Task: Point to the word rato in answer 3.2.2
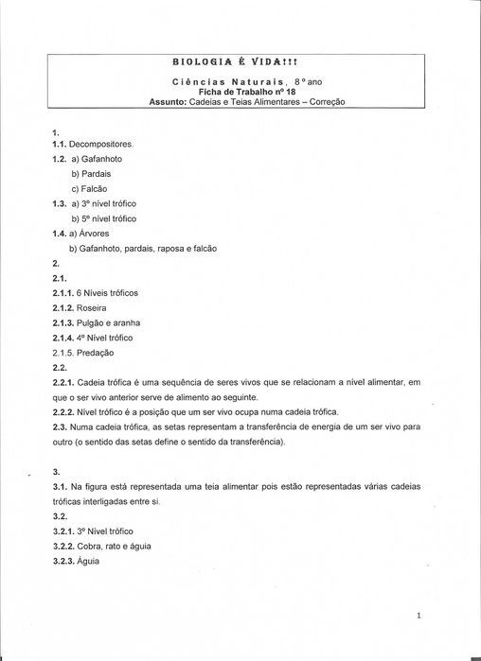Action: tap(115, 546)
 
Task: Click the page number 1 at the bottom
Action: tap(419, 616)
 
